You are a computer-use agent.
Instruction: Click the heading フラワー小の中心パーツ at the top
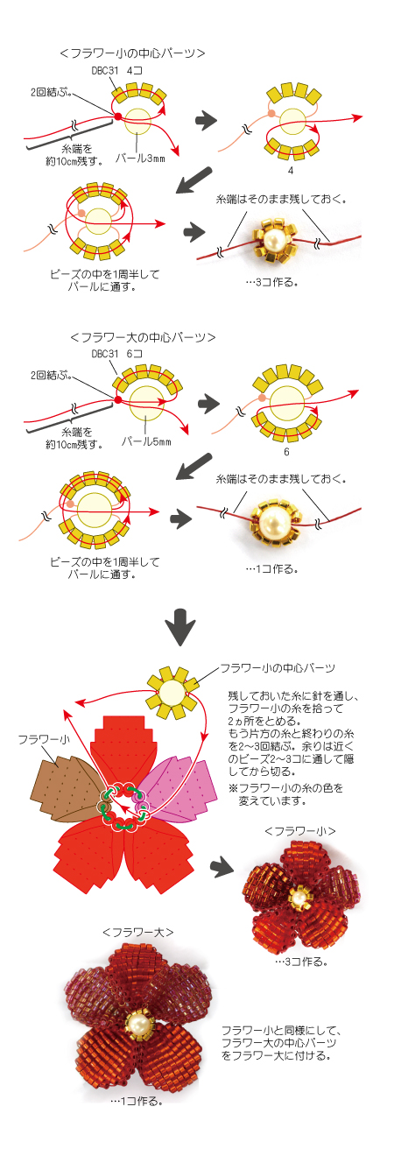click(133, 53)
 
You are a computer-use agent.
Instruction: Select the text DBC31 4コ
click(116, 69)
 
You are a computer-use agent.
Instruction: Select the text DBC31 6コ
click(116, 354)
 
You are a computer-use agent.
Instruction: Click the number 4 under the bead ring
click(290, 169)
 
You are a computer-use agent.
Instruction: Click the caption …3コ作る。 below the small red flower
click(301, 961)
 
